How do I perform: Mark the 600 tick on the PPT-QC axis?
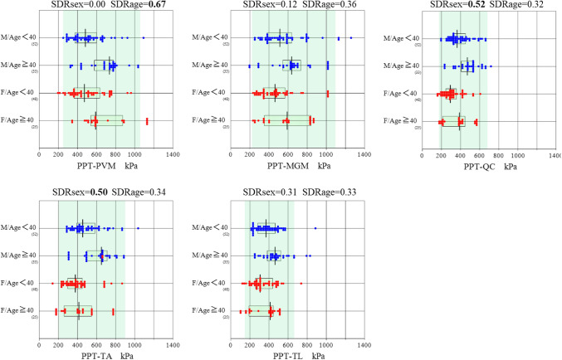479,154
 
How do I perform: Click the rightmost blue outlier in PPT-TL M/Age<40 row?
315,227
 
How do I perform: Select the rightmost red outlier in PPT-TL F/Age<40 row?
301,284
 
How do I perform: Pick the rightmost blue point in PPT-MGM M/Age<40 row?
350,38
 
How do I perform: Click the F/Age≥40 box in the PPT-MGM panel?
286,120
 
